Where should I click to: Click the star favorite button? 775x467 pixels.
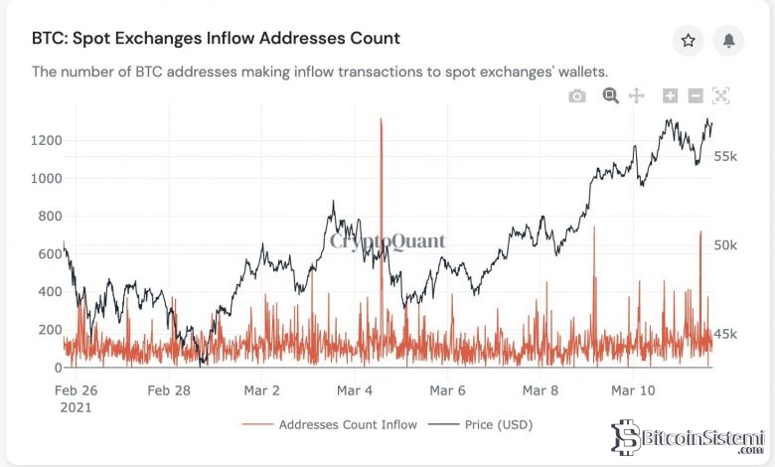(x=688, y=40)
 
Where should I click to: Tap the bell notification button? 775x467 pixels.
(x=728, y=40)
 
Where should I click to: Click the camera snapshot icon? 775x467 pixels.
(x=577, y=95)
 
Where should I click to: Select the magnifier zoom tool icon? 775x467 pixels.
(x=610, y=95)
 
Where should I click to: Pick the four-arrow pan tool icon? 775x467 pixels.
(x=637, y=95)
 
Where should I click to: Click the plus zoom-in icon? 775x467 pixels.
(x=670, y=95)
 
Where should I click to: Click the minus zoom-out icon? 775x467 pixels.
(x=696, y=95)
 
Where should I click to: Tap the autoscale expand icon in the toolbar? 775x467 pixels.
(x=721, y=95)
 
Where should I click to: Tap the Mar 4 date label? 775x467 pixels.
(x=355, y=390)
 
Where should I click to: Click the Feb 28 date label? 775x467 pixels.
(x=168, y=390)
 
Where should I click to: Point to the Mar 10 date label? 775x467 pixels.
(x=634, y=390)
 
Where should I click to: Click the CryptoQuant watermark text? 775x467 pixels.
(x=387, y=241)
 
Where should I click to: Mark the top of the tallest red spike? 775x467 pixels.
(x=381, y=119)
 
